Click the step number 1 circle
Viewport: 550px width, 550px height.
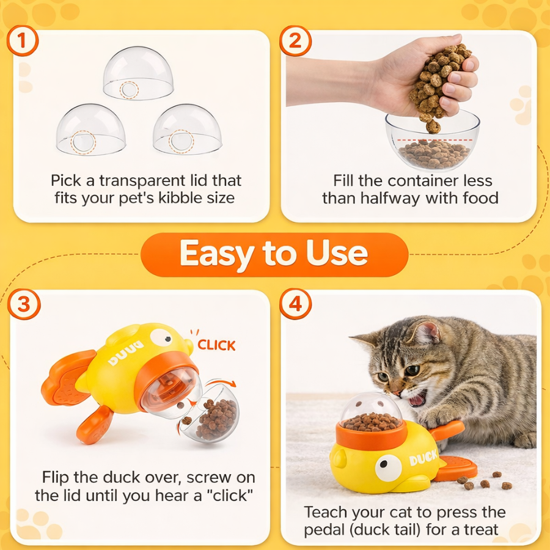click(24, 42)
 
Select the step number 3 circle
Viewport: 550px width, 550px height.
click(24, 304)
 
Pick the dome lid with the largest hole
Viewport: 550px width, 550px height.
click(91, 130)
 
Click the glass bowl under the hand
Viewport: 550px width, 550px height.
click(432, 144)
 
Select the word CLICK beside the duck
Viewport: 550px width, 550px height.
click(216, 345)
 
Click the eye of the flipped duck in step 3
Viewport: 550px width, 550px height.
click(160, 337)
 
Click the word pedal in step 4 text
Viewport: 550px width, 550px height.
click(329, 529)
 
